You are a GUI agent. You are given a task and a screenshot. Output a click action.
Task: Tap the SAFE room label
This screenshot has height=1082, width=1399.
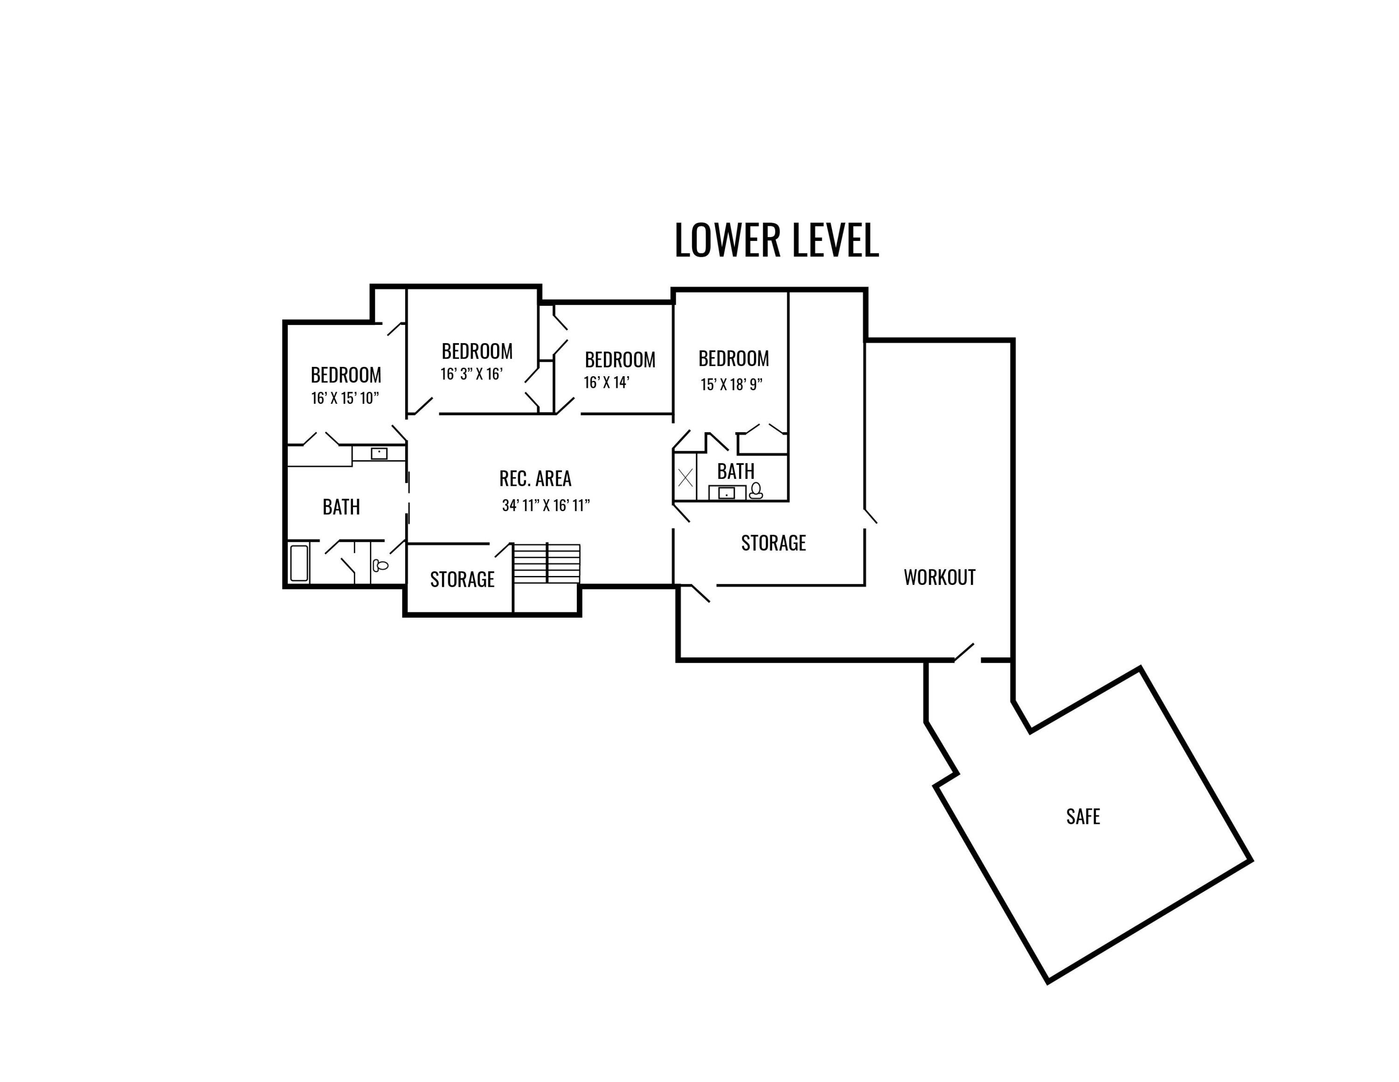[1082, 816]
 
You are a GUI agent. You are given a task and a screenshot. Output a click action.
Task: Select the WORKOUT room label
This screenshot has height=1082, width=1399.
[940, 577]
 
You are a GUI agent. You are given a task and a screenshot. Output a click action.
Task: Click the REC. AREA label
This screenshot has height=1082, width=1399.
[535, 478]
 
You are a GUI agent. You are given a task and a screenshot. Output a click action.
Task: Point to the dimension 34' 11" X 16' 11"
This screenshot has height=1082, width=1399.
[546, 505]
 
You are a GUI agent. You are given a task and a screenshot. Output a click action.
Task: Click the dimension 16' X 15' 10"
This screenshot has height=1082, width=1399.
[345, 398]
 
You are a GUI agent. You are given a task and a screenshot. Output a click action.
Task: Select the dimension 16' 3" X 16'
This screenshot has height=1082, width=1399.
[471, 374]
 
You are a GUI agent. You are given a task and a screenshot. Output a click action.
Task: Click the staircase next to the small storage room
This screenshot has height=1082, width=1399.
[547, 563]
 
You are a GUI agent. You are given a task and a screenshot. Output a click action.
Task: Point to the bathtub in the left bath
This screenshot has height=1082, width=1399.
[299, 563]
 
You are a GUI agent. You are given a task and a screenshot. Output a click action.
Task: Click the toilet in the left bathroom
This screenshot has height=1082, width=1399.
[381, 565]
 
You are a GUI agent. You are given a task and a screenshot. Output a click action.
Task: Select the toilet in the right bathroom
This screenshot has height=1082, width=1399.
[756, 491]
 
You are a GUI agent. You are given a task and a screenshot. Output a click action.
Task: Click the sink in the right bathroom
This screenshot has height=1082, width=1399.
[727, 493]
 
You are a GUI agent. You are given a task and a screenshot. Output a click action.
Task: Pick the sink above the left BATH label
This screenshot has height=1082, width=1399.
[379, 453]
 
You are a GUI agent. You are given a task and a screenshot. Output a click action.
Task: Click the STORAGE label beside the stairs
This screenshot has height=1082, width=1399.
[462, 579]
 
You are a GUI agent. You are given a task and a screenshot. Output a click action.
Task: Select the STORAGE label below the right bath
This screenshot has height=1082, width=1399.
[773, 543]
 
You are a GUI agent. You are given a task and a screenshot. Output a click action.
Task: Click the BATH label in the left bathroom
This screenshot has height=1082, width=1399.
[341, 507]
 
